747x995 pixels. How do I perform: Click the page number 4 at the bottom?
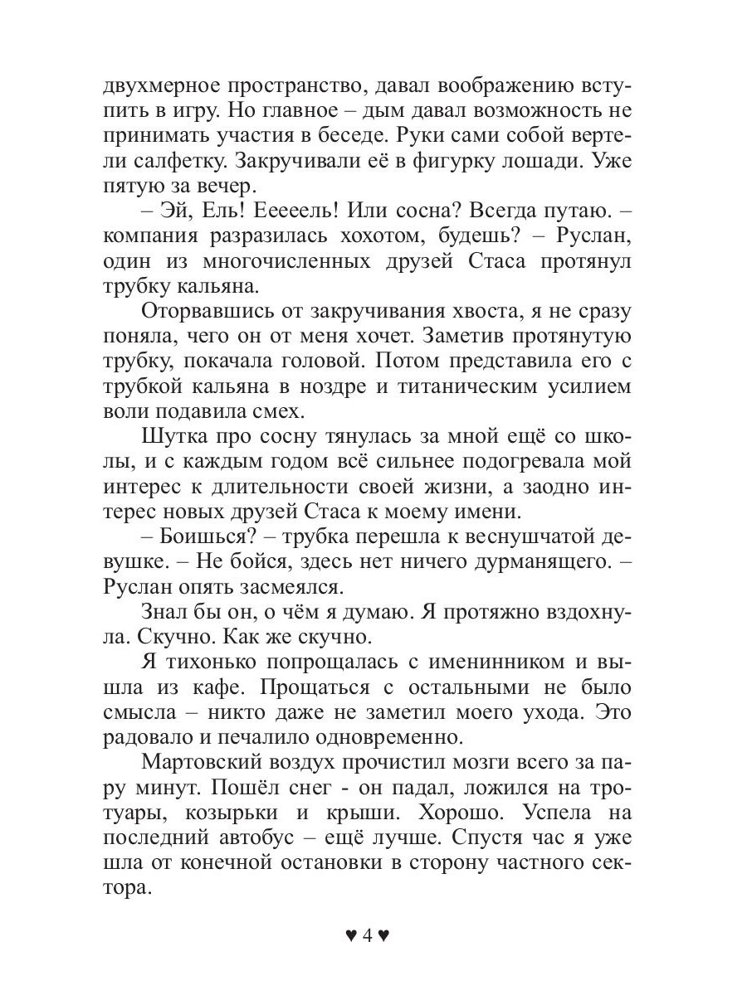(x=365, y=936)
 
